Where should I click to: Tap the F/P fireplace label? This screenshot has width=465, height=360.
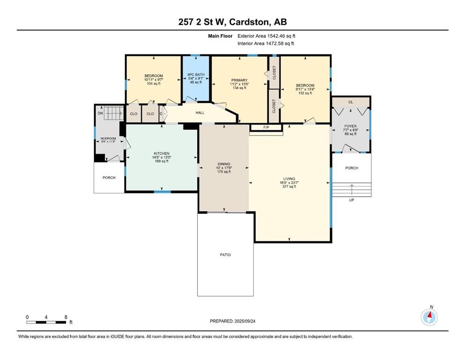(266, 127)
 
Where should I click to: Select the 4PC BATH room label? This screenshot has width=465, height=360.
(196, 75)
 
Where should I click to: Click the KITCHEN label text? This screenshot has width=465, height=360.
(162, 153)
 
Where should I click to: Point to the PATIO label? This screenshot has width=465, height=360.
(225, 255)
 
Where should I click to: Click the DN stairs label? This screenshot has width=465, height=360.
(100, 113)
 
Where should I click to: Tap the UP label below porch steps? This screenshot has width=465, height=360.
(351, 200)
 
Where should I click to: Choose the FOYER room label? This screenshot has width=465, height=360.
(351, 126)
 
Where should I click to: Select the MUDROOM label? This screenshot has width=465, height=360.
(108, 138)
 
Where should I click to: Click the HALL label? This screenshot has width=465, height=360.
(200, 112)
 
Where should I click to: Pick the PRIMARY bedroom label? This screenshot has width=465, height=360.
(239, 80)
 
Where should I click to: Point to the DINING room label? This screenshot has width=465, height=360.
(224, 164)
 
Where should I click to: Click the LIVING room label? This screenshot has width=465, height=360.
(289, 179)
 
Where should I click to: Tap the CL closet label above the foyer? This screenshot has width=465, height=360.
(351, 102)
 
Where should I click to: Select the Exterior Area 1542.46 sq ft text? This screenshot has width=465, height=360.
(266, 36)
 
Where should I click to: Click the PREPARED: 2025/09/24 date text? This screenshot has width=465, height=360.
(232, 321)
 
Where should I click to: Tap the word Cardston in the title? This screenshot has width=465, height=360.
(250, 22)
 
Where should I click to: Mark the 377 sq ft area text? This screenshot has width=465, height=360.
(289, 187)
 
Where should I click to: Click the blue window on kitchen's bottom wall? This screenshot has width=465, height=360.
(162, 192)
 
